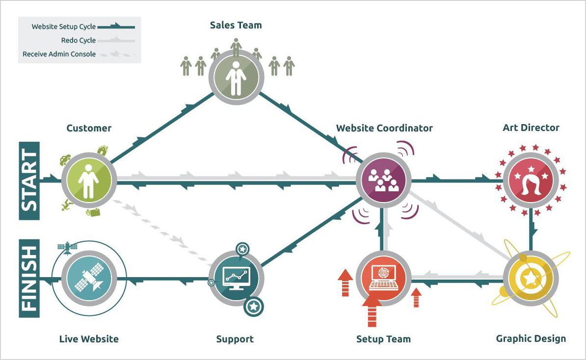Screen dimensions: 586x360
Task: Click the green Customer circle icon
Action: tap(88, 180)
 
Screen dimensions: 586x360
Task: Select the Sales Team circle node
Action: tap(236, 77)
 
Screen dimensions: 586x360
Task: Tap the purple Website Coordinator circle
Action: tap(383, 180)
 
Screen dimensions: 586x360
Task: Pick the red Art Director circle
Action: tap(531, 180)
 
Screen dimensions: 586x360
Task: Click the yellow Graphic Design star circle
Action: tap(531, 279)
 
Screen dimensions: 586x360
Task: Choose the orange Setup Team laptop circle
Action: tap(383, 279)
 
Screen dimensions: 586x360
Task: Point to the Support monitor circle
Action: tap(236, 279)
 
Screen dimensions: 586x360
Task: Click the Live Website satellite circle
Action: tap(88, 279)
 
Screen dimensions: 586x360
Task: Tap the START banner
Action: tap(29, 180)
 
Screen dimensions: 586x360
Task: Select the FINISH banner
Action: tap(29, 278)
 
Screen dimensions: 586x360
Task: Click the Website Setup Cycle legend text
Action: tap(63, 27)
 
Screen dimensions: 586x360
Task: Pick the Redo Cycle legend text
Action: tap(79, 40)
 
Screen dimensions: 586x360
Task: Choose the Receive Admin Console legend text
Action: tap(59, 54)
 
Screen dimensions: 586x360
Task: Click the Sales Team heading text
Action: tap(236, 26)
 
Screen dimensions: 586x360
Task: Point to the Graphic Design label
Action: tap(531, 339)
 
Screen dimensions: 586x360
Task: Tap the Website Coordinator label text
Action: tap(384, 128)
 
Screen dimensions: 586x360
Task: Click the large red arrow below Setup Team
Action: tap(372, 310)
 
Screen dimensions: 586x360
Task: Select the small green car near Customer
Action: tap(65, 160)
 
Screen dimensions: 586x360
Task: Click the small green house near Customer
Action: tap(103, 150)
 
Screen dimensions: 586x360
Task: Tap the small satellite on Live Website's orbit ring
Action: tap(67, 247)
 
